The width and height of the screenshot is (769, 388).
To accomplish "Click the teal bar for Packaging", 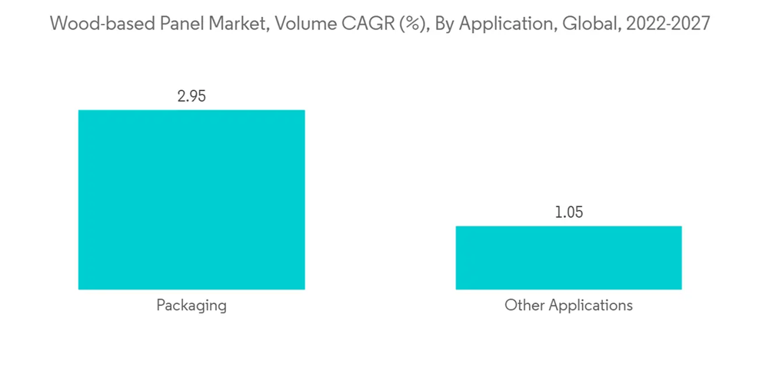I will tap(191, 199).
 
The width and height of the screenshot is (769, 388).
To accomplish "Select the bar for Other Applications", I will tap(568, 257).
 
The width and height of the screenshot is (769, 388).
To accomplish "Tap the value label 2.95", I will tap(191, 97).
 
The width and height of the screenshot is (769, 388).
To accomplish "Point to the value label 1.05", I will tap(568, 212).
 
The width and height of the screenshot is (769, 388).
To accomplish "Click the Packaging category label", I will tap(191, 305).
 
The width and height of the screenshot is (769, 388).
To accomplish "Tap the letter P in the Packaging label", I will tap(161, 305).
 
